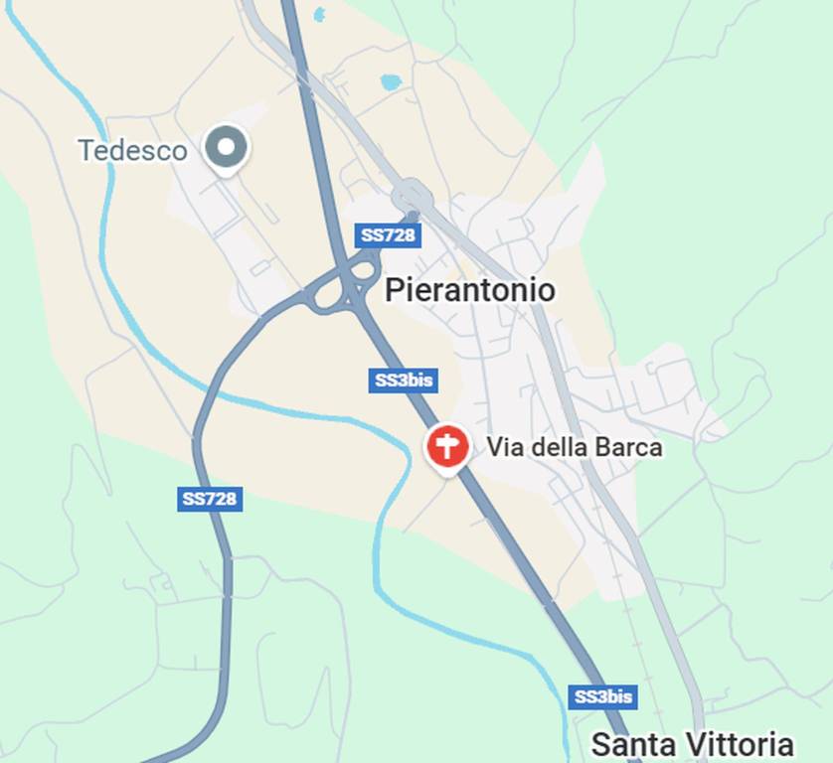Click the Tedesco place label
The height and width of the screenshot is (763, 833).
[132, 151]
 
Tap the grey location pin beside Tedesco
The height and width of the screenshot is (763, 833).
[227, 148]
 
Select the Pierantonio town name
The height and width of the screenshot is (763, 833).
[469, 290]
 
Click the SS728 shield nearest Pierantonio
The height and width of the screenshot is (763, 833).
[388, 235]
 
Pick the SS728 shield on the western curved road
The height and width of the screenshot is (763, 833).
[210, 499]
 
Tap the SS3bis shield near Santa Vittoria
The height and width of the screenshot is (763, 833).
[602, 696]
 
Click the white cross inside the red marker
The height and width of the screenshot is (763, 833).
[447, 446]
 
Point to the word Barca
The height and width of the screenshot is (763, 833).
[627, 448]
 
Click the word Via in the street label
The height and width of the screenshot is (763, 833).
[504, 448]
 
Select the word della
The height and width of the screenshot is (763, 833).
[558, 448]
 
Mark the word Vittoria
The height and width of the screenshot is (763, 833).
[739, 744]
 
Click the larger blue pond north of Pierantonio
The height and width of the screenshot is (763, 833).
[391, 82]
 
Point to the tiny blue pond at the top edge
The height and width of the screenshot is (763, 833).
[319, 14]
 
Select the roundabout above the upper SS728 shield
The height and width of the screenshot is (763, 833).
[412, 195]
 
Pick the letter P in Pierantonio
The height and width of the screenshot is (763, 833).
[394, 290]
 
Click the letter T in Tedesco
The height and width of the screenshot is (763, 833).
[85, 151]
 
